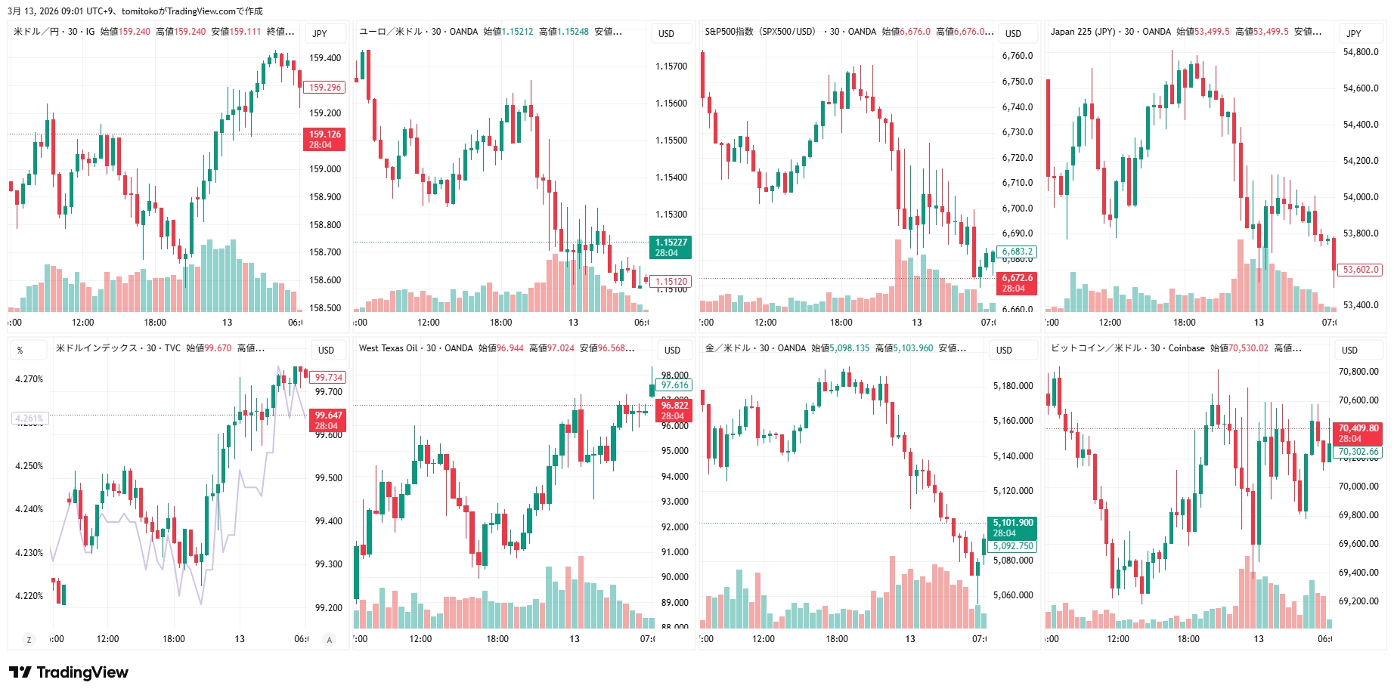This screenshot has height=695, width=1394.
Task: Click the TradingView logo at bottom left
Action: coord(69,672)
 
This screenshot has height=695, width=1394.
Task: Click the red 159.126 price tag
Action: coord(324,139)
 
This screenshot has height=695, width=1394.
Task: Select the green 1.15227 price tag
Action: coord(671,247)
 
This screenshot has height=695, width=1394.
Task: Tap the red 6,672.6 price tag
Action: coord(1017,283)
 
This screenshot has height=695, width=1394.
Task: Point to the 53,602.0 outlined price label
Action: coord(1361,270)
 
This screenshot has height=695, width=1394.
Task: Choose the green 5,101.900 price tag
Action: coord(1012,527)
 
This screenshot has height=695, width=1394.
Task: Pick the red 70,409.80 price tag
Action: coord(1358,433)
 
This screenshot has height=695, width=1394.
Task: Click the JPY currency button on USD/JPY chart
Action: coord(320,33)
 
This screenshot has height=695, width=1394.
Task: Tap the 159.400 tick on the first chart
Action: coord(325,58)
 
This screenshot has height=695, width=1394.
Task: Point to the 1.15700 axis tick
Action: coord(671,66)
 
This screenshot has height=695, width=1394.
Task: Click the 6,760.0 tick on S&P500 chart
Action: coord(1018,56)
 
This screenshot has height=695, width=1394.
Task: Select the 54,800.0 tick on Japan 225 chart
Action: coord(1361,52)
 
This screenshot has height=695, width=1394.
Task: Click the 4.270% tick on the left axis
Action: coord(29,379)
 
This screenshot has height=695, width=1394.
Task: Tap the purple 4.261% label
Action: coord(29,418)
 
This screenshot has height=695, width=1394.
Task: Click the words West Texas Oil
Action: coord(388,348)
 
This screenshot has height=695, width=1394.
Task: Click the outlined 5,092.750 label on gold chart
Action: coord(1013,546)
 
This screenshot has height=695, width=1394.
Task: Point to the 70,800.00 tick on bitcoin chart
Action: coord(1358,372)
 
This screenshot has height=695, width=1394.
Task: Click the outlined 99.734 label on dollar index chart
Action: coord(329,378)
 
